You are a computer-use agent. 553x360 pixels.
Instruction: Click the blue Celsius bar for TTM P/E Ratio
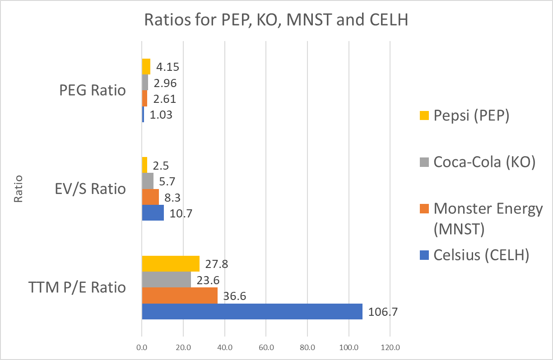pyautogui.click(x=252, y=311)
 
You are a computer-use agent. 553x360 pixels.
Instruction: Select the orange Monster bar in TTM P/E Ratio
pyautogui.click(x=180, y=295)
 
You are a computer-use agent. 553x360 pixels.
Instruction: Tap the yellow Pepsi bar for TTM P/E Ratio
pyautogui.click(x=171, y=263)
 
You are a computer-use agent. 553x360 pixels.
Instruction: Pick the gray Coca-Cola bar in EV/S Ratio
pyautogui.click(x=148, y=181)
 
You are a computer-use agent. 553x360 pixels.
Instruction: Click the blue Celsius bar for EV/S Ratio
pyautogui.click(x=153, y=212)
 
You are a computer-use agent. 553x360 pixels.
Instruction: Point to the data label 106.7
pyautogui.click(x=383, y=312)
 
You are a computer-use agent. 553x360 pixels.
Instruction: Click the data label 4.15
pyautogui.click(x=168, y=67)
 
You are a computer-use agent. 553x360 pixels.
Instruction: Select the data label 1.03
pyautogui.click(x=161, y=115)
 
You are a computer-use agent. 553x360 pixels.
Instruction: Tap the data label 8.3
pyautogui.click(x=172, y=197)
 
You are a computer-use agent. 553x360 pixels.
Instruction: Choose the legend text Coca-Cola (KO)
pyautogui.click(x=484, y=162)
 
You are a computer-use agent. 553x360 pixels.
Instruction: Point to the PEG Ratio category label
pyautogui.click(x=93, y=90)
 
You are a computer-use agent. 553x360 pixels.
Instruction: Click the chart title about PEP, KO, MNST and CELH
pyautogui.click(x=276, y=20)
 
